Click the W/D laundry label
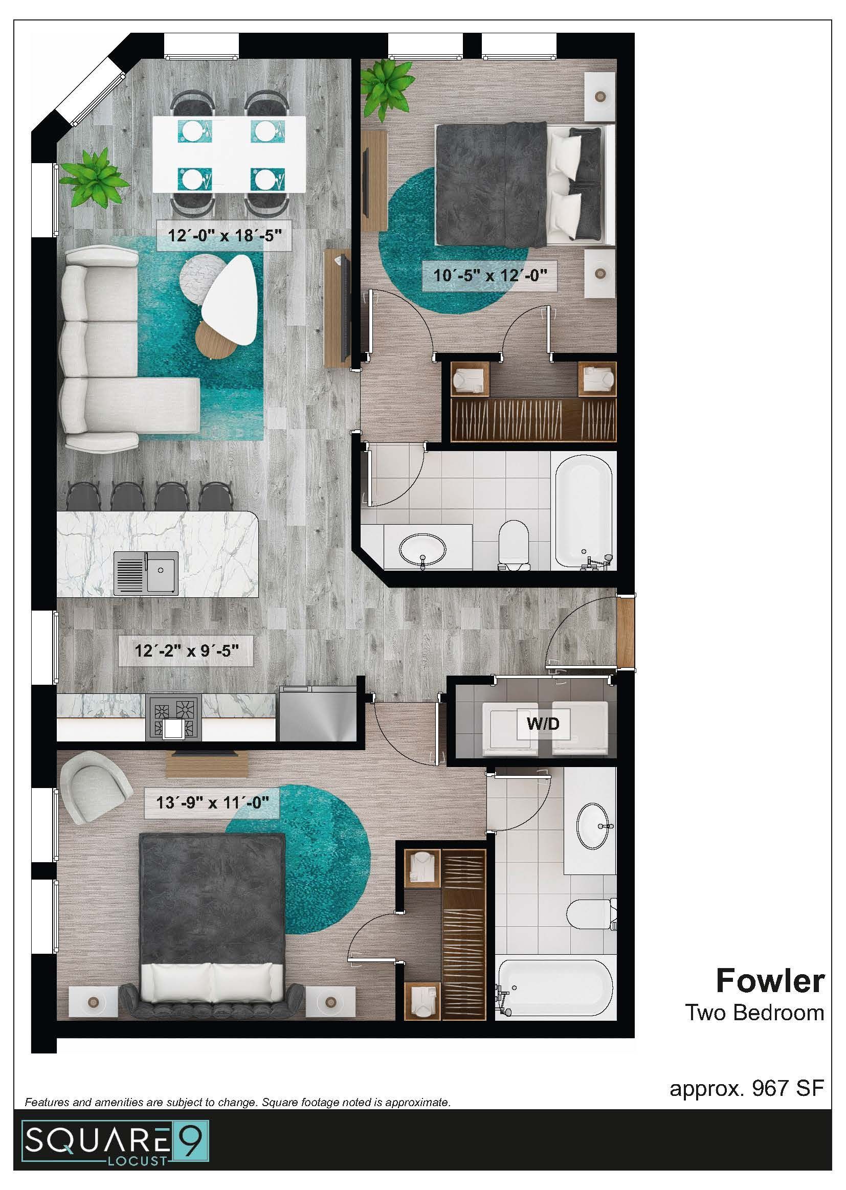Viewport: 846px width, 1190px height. (543, 724)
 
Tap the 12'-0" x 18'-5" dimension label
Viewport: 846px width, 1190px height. (225, 235)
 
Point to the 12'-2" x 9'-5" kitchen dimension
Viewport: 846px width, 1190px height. (187, 650)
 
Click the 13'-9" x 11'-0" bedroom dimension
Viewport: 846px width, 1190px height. (213, 802)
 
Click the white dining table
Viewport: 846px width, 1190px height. (229, 154)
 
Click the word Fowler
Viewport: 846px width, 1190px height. (770, 981)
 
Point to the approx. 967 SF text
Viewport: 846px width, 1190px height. (746, 1088)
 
